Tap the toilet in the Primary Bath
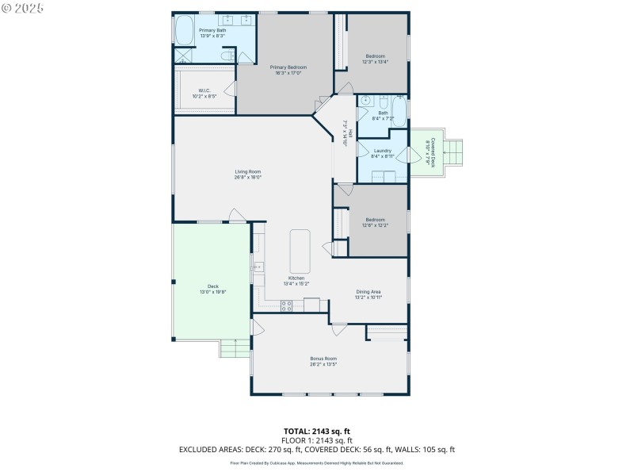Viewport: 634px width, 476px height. [x=227, y=56]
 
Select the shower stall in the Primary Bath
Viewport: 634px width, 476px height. [x=183, y=56]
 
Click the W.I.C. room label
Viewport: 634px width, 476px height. [x=204, y=90]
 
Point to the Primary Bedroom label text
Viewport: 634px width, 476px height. [x=288, y=67]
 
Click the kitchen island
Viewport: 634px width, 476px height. [x=300, y=251]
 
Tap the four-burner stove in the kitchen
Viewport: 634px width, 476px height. [x=287, y=305]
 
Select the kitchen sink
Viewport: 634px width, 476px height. [x=258, y=268]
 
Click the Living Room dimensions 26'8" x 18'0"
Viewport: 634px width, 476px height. [x=247, y=178]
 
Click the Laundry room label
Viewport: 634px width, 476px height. [x=382, y=150]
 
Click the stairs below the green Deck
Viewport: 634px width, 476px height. [x=235, y=347]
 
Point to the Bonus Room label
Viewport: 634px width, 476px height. [x=323, y=359]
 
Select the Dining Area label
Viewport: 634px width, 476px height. [x=369, y=291]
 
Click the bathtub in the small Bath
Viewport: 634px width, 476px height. [x=399, y=112]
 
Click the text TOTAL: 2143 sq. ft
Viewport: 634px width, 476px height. [x=317, y=431]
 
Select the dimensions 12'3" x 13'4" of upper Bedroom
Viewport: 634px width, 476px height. [x=375, y=61]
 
